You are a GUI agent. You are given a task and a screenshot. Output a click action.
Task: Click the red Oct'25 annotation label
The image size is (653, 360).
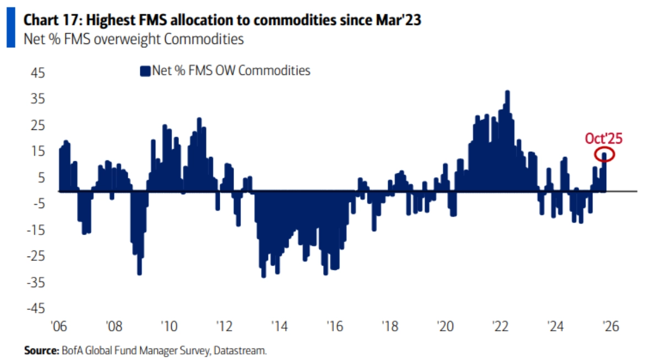click(x=603, y=138)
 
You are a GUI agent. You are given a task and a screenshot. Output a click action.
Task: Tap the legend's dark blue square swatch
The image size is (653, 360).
click(x=145, y=71)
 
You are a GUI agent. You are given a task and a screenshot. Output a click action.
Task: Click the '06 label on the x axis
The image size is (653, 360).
click(x=58, y=326)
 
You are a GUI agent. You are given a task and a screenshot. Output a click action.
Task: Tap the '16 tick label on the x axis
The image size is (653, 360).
click(x=334, y=326)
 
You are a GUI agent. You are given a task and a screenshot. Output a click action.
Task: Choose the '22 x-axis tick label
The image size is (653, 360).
click(x=500, y=326)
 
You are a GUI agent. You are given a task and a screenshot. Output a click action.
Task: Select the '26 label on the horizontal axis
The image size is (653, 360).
click(x=611, y=326)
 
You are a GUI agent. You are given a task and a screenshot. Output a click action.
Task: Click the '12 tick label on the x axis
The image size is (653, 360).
click(x=224, y=326)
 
